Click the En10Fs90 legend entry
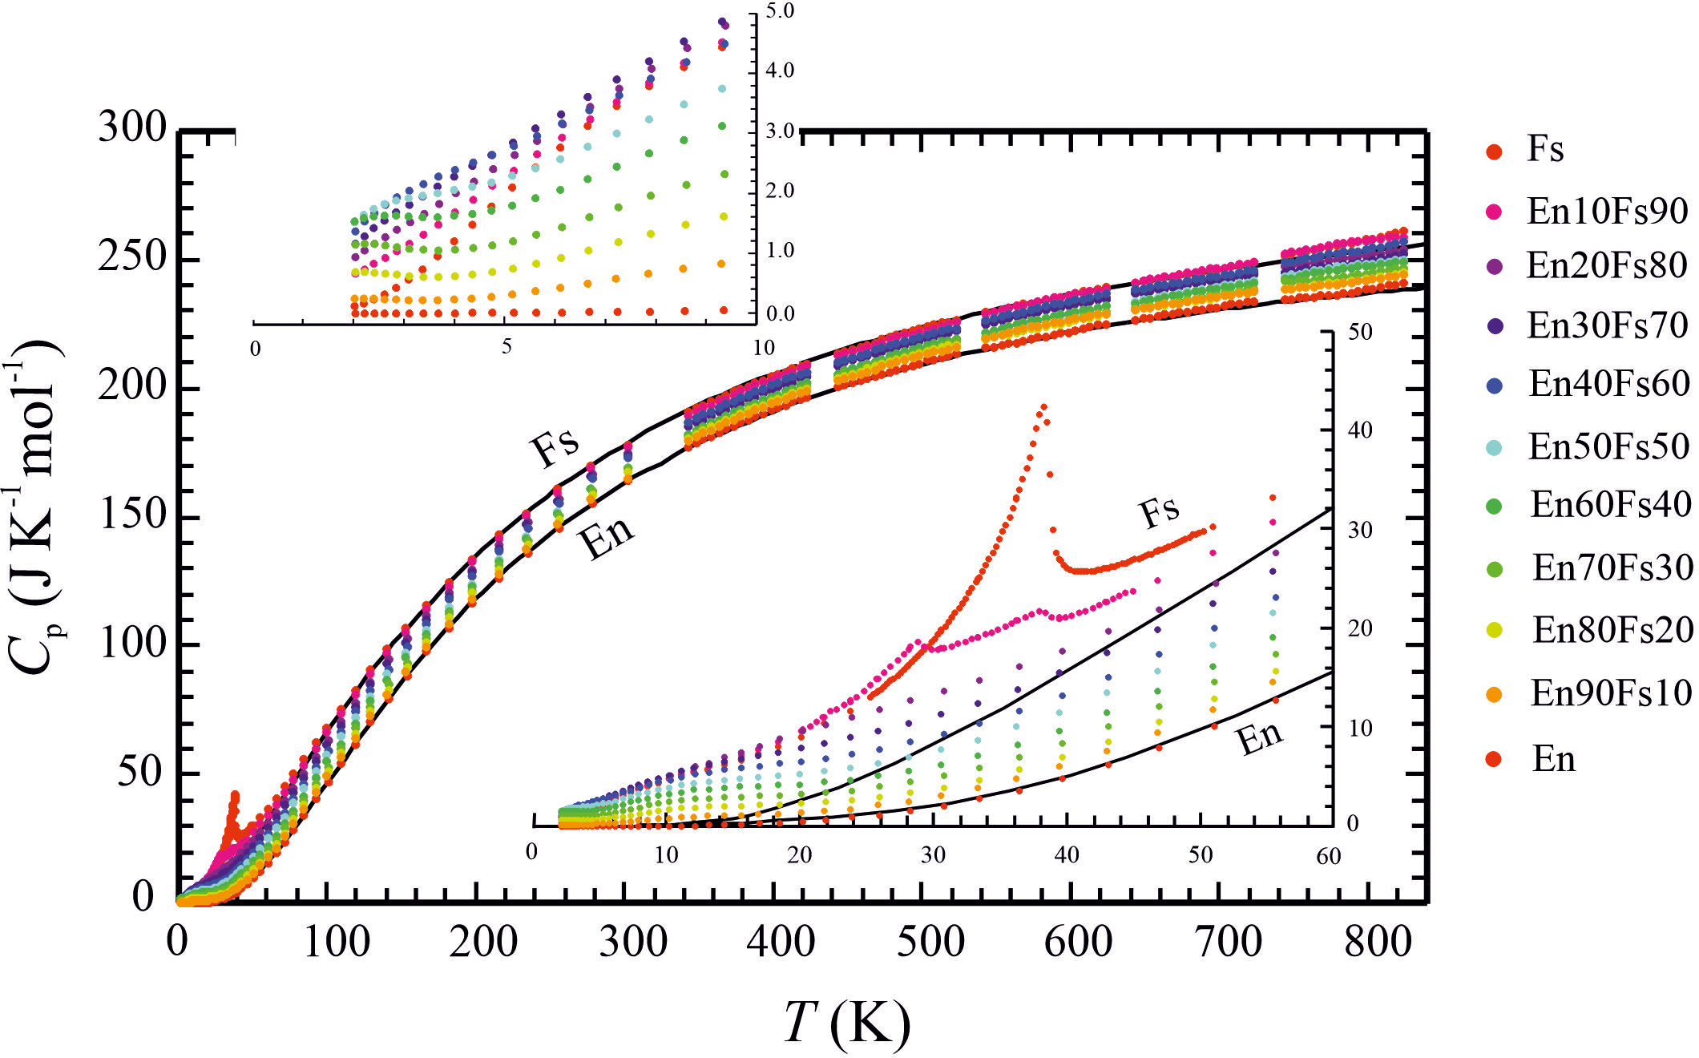[1606, 211]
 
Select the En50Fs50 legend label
[1608, 446]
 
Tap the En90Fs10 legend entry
[1611, 693]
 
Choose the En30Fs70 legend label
[1607, 325]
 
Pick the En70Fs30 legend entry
[1612, 567]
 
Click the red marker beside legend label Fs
[1494, 151]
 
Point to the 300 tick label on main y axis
[132, 127]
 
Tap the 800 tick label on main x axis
[1378, 941]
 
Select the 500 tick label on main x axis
[930, 941]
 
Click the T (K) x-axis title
[847, 1023]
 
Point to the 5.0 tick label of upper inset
[780, 11]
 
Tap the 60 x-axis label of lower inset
[1328, 857]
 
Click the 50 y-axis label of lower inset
[1359, 332]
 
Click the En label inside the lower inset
[1260, 737]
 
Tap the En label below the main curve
[607, 536]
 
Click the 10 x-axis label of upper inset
[763, 348]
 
